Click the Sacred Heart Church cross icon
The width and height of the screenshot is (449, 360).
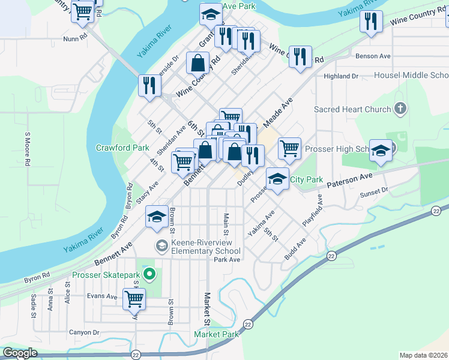pos(401,109)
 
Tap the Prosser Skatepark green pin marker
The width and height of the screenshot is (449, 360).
pos(151,275)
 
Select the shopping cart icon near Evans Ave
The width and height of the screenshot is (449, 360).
pos(134,298)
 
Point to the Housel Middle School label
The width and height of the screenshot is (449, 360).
pos(411,76)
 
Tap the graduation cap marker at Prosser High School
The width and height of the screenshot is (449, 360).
pos(381,150)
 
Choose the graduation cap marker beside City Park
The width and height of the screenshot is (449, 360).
pos(277,179)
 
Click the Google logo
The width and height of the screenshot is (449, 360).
pos(20,353)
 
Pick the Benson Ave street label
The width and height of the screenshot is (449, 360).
pos(373,56)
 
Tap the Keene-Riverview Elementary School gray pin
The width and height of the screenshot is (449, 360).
pos(161,245)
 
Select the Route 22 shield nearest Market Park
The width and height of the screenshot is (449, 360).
pos(247,325)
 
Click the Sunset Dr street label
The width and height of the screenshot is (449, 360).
pos(373,190)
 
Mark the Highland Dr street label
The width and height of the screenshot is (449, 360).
pos(340,76)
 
